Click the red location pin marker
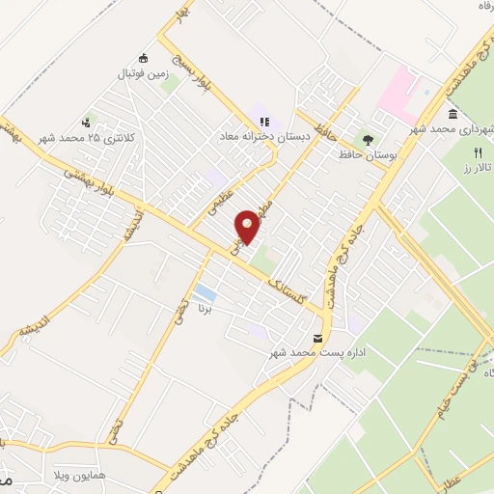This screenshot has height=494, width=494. click(x=248, y=226)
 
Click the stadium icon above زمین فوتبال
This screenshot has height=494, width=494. click(x=144, y=57)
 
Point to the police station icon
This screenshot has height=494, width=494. click(x=87, y=123)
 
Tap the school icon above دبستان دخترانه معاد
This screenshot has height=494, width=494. click(x=262, y=122)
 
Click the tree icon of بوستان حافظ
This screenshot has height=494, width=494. click(x=366, y=137)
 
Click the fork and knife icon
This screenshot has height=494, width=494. click(x=477, y=152)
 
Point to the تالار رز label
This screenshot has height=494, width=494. click(x=477, y=169)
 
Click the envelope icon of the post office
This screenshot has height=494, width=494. click(x=318, y=338)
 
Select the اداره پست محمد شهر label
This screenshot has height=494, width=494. click(x=318, y=354)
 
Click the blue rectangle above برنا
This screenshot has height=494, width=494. click(x=204, y=292)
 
